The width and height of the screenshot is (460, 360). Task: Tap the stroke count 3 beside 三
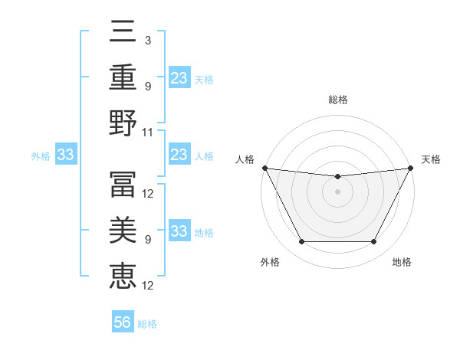(147, 40)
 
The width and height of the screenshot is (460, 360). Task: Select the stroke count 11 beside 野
(148, 132)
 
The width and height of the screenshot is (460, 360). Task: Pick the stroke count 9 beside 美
(147, 240)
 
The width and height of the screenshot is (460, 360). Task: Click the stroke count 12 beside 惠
(149, 286)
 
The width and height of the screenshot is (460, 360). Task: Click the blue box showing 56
(123, 322)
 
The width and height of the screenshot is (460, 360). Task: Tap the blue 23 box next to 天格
(179, 78)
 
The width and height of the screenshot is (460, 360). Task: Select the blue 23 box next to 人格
(179, 155)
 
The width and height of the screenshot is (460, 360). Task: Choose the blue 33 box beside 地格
(179, 232)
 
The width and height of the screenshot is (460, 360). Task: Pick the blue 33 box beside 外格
(65, 155)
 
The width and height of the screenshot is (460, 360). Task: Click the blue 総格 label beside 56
(147, 323)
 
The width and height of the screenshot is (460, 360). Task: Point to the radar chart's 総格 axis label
(337, 100)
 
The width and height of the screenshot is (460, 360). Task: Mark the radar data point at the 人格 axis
(264, 168)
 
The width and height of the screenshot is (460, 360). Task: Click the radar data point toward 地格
(374, 242)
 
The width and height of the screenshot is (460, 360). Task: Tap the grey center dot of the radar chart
(337, 191)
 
